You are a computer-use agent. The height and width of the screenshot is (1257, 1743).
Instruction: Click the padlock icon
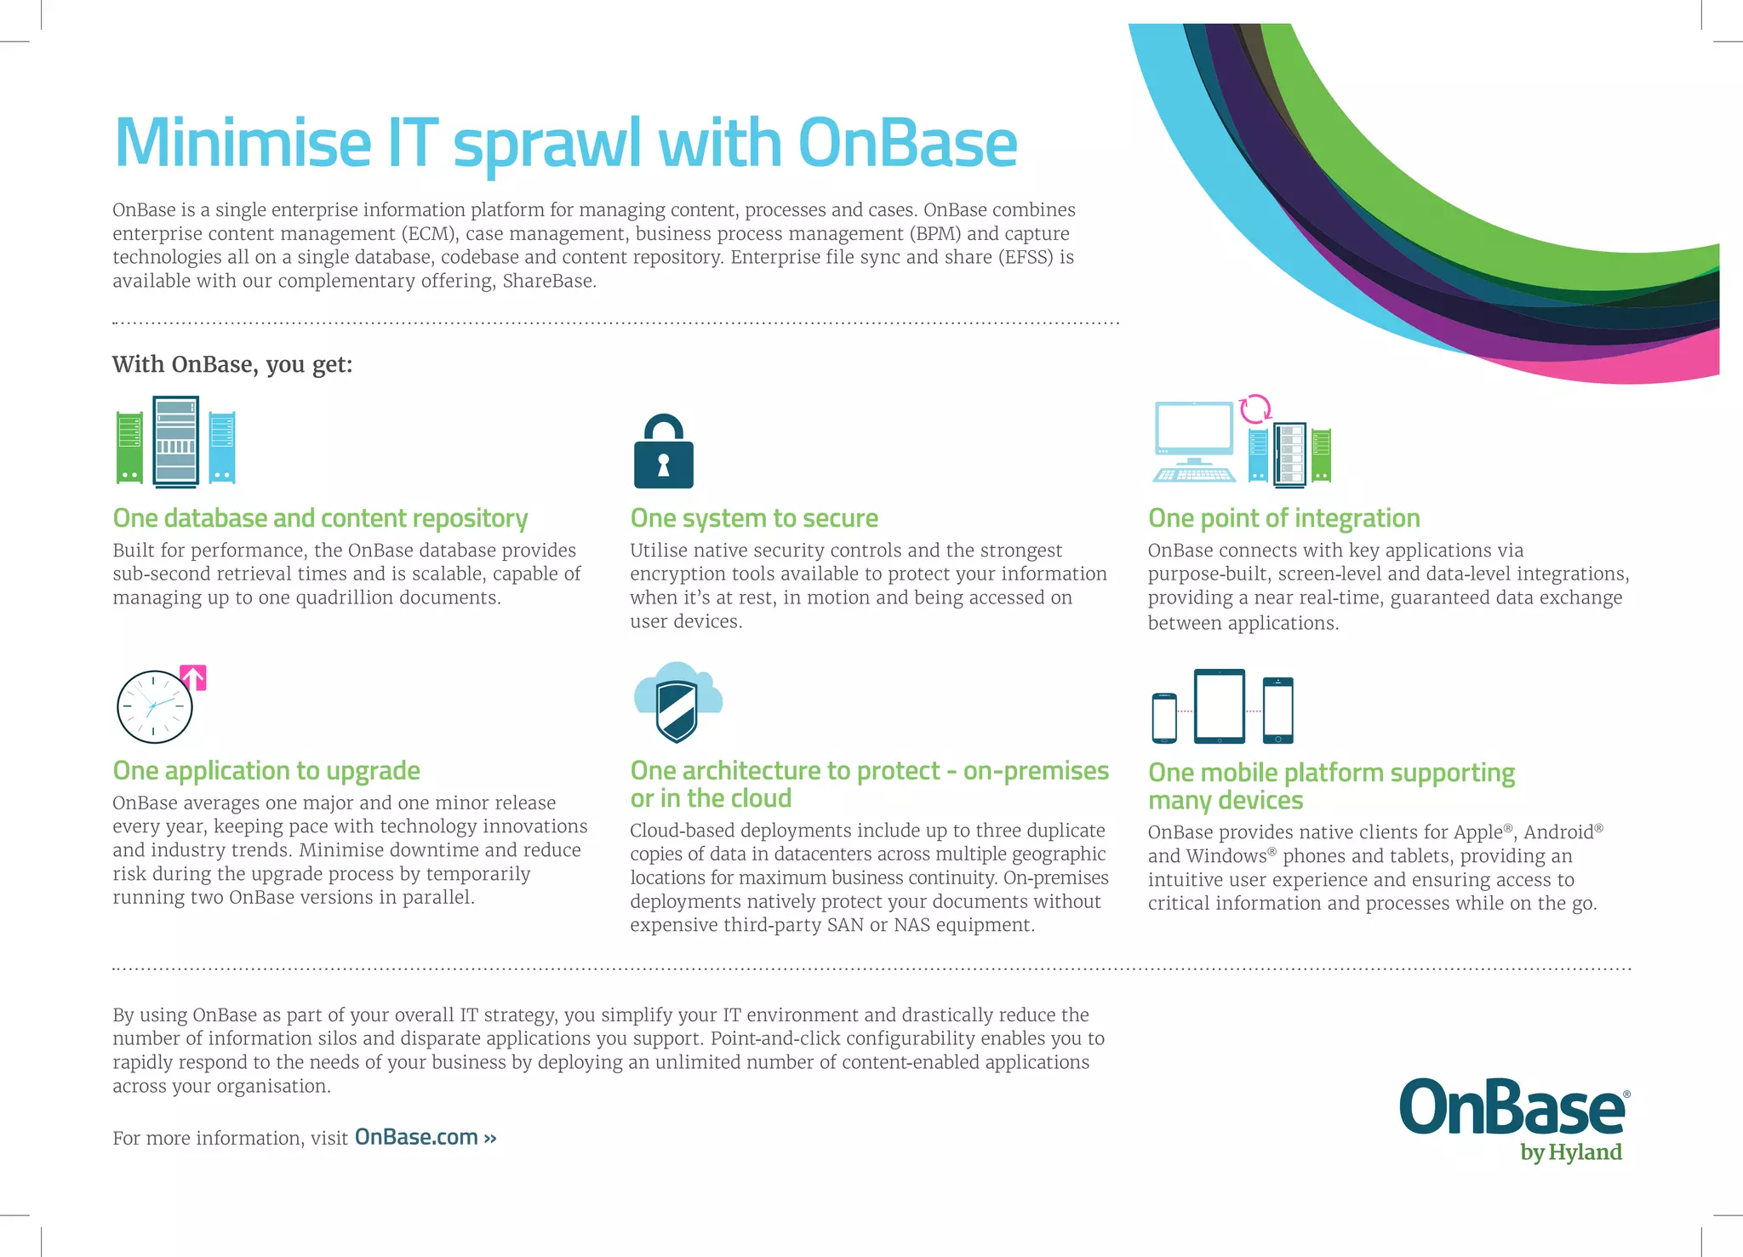pyautogui.click(x=663, y=453)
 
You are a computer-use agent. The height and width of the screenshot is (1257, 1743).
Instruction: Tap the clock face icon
pyautogui.click(x=154, y=707)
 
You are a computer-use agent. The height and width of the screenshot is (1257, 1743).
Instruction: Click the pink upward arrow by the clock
pyautogui.click(x=194, y=677)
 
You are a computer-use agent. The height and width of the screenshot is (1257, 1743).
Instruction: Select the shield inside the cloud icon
pyautogui.click(x=677, y=711)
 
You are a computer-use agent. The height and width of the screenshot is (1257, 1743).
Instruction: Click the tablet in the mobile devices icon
pyautogui.click(x=1219, y=706)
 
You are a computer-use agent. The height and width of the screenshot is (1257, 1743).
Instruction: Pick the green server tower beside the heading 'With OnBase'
pyautogui.click(x=129, y=448)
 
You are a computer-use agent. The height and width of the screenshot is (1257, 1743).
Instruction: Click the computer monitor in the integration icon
pyautogui.click(x=1194, y=432)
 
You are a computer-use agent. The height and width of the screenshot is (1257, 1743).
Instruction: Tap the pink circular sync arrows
pyautogui.click(x=1255, y=409)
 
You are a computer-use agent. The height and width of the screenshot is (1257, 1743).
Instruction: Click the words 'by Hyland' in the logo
pyautogui.click(x=1570, y=1152)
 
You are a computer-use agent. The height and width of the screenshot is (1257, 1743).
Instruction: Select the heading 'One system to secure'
pyautogui.click(x=754, y=518)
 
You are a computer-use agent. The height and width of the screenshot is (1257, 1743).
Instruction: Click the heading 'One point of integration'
pyautogui.click(x=1283, y=518)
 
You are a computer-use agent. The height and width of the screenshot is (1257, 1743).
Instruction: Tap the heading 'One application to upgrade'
pyautogui.click(x=266, y=771)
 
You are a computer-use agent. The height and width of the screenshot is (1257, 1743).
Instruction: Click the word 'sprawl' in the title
pyautogui.click(x=546, y=145)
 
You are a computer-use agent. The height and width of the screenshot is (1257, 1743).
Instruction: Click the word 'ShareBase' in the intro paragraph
pyautogui.click(x=546, y=282)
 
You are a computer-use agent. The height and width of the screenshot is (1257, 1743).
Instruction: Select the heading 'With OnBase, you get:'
pyautogui.click(x=231, y=365)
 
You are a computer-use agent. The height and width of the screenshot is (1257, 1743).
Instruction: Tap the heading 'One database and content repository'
pyautogui.click(x=320, y=518)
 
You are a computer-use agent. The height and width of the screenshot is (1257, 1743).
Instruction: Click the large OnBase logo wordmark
pyautogui.click(x=1512, y=1108)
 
